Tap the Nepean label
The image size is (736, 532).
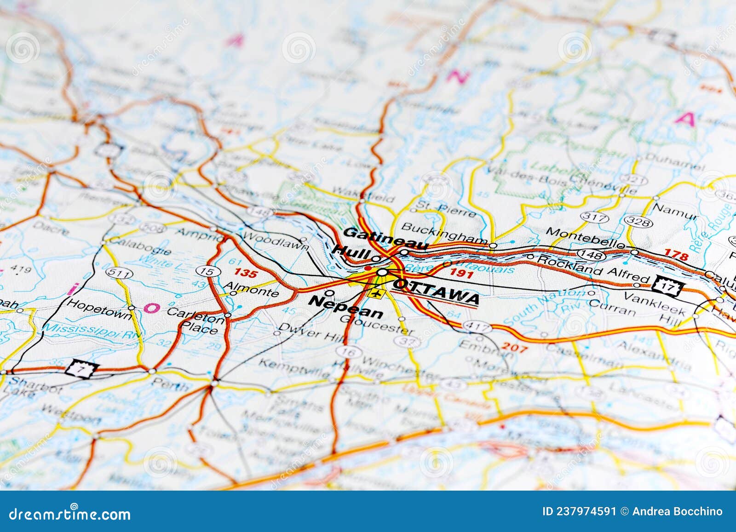coord(346,307)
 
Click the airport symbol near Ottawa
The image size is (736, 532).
coord(376,293)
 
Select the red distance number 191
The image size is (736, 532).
coord(461,273)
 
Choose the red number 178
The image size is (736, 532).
coord(676,256)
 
